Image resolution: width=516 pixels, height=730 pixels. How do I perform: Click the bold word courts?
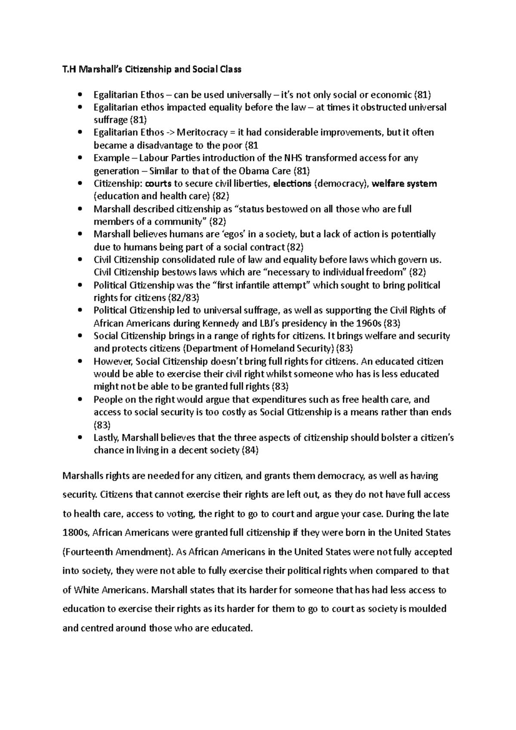pyautogui.click(x=158, y=184)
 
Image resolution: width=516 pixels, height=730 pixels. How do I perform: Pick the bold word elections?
pyautogui.click(x=292, y=184)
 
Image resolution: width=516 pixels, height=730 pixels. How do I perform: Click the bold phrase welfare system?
pyautogui.click(x=404, y=184)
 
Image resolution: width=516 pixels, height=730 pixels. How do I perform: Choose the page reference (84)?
pyautogui.click(x=251, y=450)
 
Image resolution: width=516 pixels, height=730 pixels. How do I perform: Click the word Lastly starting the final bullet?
pyautogui.click(x=106, y=438)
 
